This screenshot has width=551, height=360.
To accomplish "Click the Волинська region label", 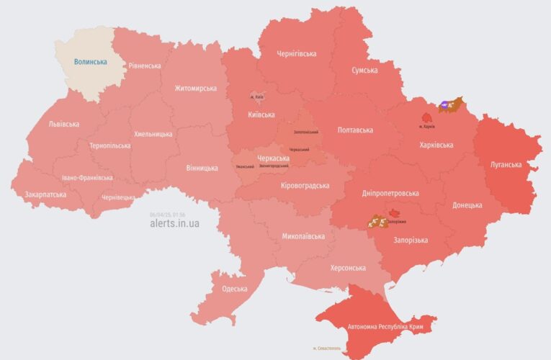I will (x=90, y=62).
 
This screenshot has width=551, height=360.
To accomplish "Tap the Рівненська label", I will (x=145, y=66).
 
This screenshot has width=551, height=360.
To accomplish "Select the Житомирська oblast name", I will (x=195, y=89).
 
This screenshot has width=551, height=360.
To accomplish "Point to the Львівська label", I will (x=64, y=124).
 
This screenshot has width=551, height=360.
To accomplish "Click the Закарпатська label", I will (x=45, y=194).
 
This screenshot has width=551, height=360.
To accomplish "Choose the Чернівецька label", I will (x=118, y=197).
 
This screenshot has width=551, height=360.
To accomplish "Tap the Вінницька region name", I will (x=202, y=168).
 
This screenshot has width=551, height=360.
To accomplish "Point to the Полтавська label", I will (x=355, y=130).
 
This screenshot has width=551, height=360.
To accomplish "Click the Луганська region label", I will (x=506, y=164).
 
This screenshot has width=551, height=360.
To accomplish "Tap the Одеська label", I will (x=234, y=289).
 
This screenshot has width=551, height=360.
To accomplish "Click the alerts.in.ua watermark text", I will (x=174, y=224).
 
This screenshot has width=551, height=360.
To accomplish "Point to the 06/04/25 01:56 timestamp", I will (x=168, y=215).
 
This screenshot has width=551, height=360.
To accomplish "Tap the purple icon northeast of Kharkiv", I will (x=447, y=105).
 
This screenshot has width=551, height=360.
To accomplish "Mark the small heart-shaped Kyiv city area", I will (x=256, y=96).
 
